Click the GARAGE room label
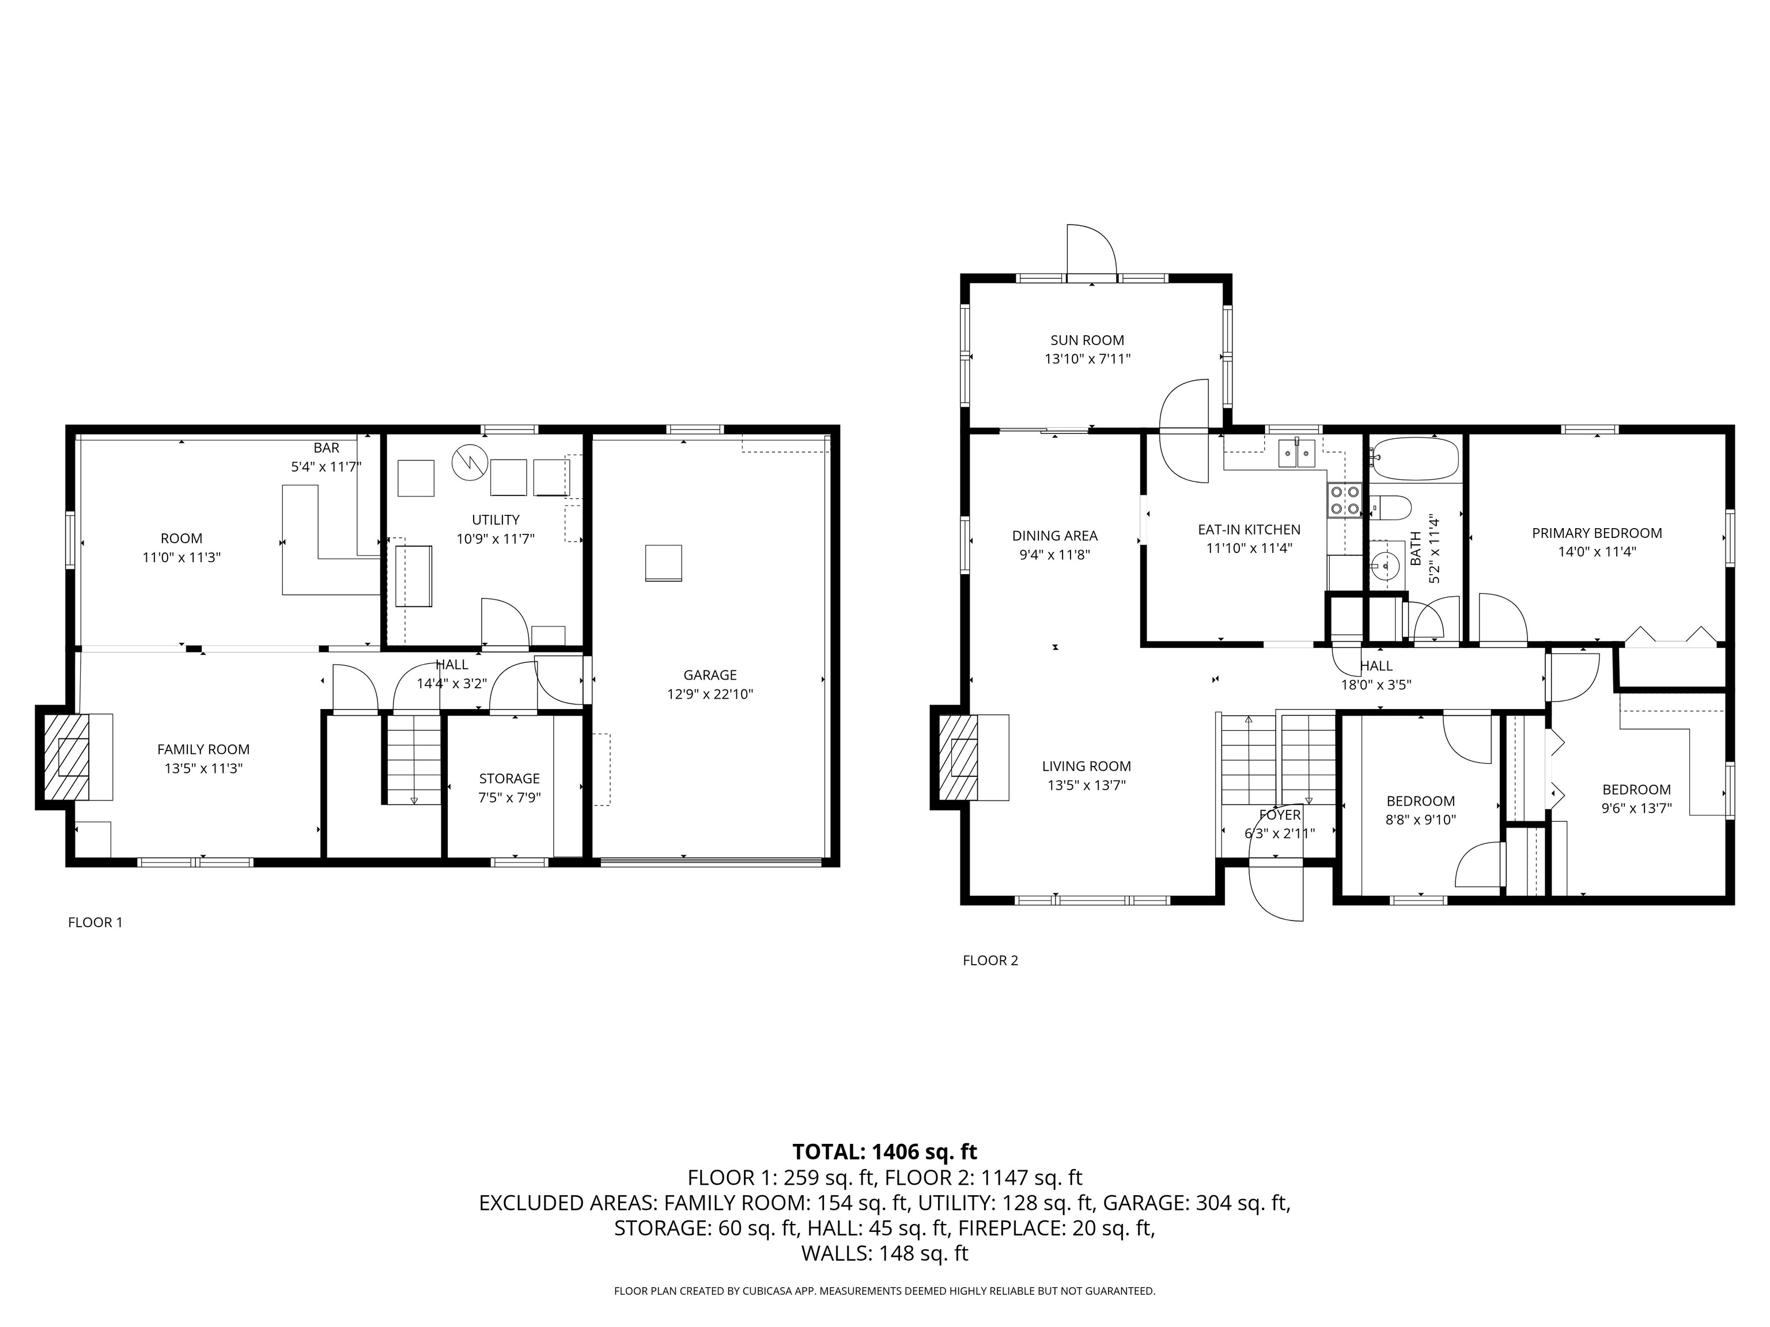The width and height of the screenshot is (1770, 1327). point(710,675)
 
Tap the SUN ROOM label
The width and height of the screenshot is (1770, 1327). point(1087,340)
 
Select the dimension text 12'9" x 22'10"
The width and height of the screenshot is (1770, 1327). point(710,694)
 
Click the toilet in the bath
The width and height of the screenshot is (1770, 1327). point(1390,507)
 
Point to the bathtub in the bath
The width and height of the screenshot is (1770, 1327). point(1415,458)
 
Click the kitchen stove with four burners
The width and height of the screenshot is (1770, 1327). point(1344,500)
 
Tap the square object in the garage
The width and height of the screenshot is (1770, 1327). point(663,563)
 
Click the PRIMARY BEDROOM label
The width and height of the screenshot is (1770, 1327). point(1597,533)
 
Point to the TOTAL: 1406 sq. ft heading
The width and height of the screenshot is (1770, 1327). point(884,1152)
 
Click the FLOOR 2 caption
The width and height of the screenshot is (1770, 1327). point(990,961)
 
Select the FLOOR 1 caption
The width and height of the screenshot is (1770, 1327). point(95,922)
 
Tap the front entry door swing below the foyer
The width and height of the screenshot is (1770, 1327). point(1276,890)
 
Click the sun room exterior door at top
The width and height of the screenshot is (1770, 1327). point(1091,252)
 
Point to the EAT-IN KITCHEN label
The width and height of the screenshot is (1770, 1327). point(1249,529)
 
